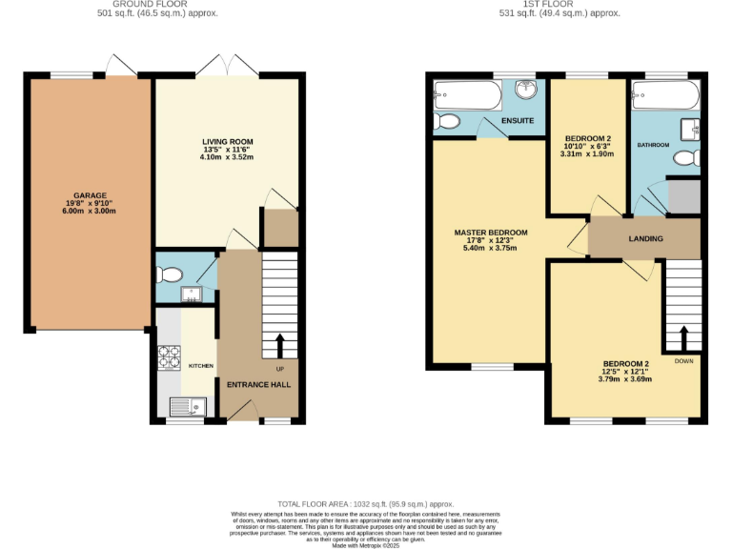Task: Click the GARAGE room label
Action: coord(91,195)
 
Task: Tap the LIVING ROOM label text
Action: coord(227,142)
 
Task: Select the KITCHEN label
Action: coord(200,366)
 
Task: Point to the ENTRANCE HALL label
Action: coord(257,385)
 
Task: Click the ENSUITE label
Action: coord(518,121)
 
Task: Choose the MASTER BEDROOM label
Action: coord(490,233)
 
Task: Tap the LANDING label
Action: coord(645,238)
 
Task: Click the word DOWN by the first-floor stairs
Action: coord(683,361)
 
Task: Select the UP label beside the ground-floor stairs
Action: coord(280,369)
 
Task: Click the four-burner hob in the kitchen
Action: coord(170,356)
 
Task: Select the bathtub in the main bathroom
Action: coord(663,94)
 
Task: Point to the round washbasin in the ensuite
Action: coord(526,90)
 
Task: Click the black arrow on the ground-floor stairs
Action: coord(280,344)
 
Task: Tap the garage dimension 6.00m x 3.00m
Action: coord(91,211)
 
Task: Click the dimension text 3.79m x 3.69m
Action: coord(625,379)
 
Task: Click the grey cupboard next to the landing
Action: coord(683,195)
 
